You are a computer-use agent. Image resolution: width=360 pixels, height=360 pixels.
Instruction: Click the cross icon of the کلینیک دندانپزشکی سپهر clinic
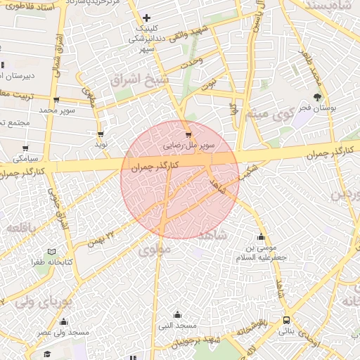[x=146, y=18]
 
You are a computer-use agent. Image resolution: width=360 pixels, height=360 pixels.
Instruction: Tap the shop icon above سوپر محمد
[x=56, y=100]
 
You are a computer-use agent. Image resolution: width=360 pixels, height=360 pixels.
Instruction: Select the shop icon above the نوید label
[x=101, y=134]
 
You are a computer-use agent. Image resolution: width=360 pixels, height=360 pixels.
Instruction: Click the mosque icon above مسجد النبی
[x=177, y=314]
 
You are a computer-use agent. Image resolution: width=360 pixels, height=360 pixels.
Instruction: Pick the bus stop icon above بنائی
[x=285, y=320]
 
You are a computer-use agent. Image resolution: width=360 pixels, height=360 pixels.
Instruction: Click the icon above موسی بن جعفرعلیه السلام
[x=262, y=237]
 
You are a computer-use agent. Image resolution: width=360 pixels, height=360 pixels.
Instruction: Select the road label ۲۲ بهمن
[x=101, y=238]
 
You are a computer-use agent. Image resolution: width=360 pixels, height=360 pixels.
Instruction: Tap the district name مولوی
[x=155, y=249]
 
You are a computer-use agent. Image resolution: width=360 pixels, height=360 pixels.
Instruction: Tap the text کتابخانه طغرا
[x=48, y=262]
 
